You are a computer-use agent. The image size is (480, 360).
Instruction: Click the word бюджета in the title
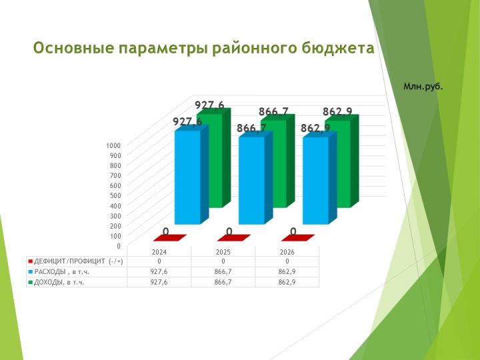[338, 49]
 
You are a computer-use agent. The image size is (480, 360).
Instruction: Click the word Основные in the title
[73, 48]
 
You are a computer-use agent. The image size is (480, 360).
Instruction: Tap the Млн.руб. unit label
[423, 87]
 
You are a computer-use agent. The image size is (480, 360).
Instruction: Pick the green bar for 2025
[277, 161]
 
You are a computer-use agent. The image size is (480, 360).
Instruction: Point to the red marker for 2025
[234, 238]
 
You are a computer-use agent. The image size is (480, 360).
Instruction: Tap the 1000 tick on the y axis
[113, 145]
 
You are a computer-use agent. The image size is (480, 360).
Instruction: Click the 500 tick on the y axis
[115, 195]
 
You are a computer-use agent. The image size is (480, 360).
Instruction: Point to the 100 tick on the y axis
[115, 236]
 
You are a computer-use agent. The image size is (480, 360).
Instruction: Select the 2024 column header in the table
[159, 252]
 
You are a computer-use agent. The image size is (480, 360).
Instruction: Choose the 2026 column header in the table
[287, 252]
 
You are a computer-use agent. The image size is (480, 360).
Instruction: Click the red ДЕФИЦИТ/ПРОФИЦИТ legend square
[30, 261]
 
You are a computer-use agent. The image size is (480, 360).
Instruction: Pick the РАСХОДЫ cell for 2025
[223, 272]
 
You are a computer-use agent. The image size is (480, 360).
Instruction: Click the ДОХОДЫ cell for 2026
[287, 282]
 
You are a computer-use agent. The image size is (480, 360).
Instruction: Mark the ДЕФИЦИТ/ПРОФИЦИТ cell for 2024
[159, 261]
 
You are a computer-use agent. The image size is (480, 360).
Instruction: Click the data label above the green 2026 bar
[337, 112]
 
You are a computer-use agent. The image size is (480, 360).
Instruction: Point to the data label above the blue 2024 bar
[187, 121]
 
